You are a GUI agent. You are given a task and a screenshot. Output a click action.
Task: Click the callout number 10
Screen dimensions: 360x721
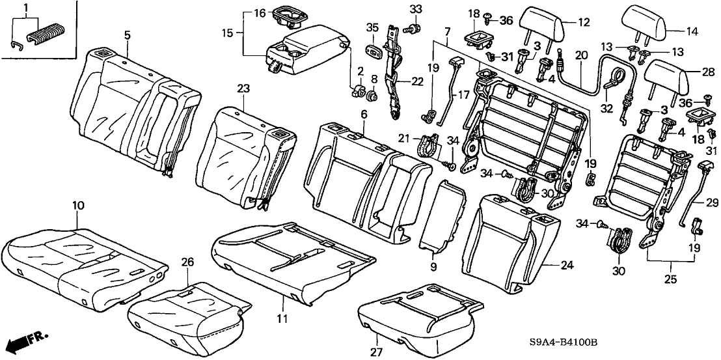pos(77,206)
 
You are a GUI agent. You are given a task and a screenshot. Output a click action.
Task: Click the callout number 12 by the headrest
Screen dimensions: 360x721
pos(584,22)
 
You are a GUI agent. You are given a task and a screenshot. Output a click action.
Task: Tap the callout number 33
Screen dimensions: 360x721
pos(416,8)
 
